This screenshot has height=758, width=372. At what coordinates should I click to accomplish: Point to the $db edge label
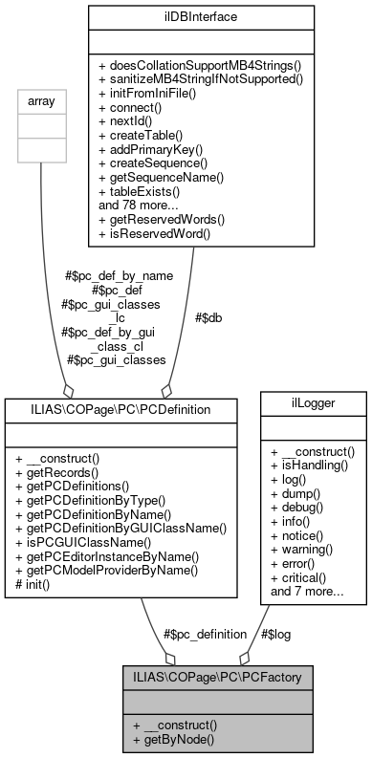[209, 316]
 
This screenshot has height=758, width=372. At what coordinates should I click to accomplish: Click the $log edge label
[277, 634]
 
